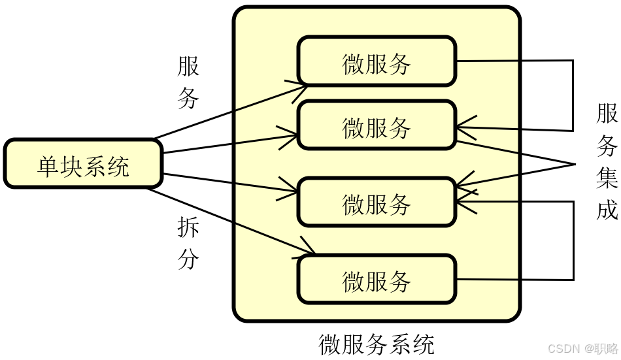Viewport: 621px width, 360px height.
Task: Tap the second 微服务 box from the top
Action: coord(377,125)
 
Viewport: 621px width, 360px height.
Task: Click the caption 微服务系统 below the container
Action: coord(377,344)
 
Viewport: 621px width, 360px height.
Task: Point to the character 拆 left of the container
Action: coord(188,228)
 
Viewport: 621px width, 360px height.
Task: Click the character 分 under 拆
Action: coord(188,259)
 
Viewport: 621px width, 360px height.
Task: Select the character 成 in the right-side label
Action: coord(607,210)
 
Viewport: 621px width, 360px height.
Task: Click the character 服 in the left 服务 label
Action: coord(188,66)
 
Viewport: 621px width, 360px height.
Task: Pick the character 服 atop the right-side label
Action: coord(607,114)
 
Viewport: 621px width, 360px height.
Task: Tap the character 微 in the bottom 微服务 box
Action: coord(354,282)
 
